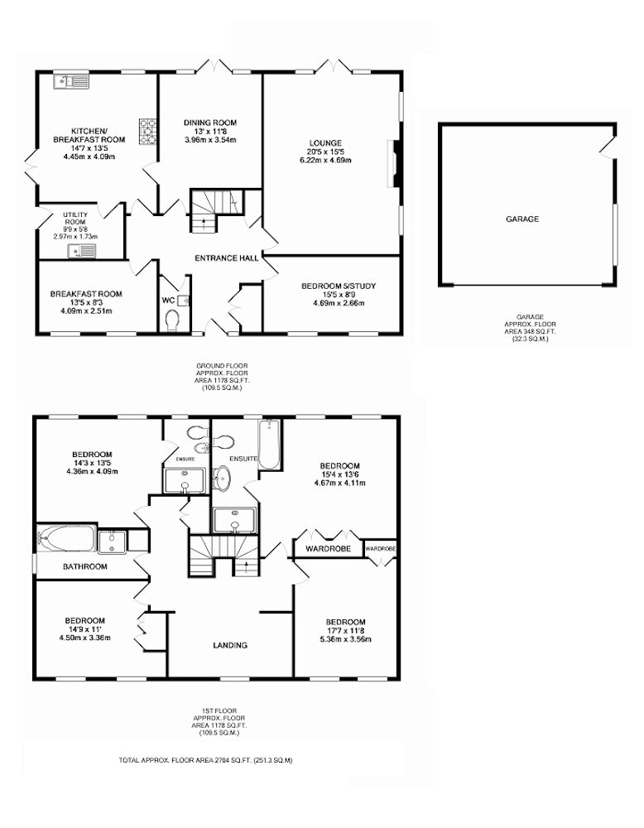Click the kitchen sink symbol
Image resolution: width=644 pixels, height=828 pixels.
coord(72,82)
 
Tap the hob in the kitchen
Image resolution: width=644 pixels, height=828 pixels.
coord(148,131)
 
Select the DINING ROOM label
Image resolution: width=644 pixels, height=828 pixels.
coord(210,123)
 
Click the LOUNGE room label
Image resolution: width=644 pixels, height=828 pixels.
coord(325,142)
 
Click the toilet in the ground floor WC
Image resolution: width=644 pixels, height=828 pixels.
coord(173,320)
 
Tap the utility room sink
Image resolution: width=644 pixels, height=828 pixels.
coord(82,251)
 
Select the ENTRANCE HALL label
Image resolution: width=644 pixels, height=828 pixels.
coord(227,258)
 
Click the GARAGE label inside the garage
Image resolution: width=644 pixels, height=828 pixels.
coord(522,219)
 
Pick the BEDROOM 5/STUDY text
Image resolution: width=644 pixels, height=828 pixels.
coord(339,286)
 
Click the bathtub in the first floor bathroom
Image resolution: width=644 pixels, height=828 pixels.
coord(67,540)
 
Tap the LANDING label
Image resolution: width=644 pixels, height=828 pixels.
coord(230,645)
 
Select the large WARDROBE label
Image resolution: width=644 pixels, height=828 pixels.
coord(329,549)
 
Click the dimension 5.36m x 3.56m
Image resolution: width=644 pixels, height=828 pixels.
coord(346,639)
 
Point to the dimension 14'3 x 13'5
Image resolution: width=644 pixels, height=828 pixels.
coord(92,463)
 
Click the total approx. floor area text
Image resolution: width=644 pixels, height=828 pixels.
coord(205,760)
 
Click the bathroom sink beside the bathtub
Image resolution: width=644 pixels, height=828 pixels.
coord(112,542)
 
